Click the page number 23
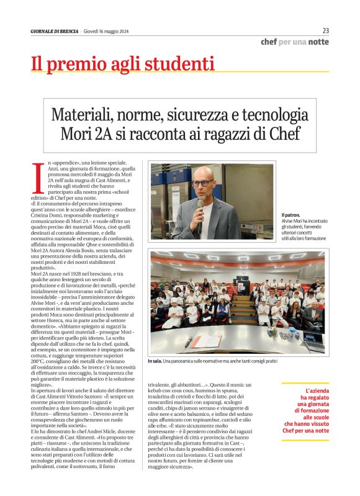(x=326, y=30)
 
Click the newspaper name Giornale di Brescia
(x=55, y=32)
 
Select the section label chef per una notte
(x=295, y=42)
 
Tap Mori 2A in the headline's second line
(x=83, y=133)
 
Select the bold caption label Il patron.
(x=290, y=214)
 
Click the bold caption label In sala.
(x=155, y=361)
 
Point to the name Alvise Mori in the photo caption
(x=295, y=221)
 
